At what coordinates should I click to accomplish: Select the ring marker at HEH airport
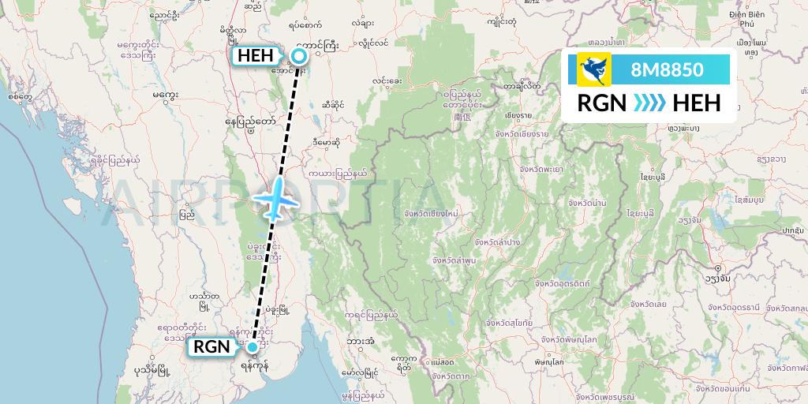[299, 55]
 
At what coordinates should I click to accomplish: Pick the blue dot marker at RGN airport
[252, 346]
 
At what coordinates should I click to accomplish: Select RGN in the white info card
[602, 103]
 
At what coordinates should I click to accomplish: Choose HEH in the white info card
[694, 103]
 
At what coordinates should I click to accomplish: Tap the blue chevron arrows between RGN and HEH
[649, 103]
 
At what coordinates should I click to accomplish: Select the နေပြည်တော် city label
[250, 122]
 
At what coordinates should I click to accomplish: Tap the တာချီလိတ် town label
[522, 85]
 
